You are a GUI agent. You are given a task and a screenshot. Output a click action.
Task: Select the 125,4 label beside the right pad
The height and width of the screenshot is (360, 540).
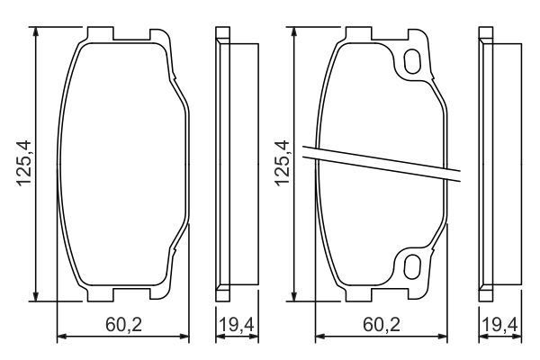(x=282, y=164)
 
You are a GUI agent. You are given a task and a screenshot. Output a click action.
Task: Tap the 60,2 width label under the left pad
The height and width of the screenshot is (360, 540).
(x=122, y=325)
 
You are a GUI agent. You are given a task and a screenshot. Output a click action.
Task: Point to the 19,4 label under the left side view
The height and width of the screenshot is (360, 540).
(x=230, y=325)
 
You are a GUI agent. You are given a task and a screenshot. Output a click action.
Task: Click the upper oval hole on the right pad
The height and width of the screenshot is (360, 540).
(x=414, y=62)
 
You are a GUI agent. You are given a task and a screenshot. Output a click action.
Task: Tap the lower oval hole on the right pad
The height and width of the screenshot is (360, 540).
(x=414, y=265)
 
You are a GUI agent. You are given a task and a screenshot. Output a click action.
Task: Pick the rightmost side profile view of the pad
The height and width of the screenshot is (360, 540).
(x=486, y=164)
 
